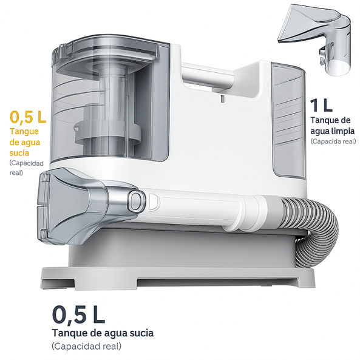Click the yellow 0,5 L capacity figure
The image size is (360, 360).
coord(28,117)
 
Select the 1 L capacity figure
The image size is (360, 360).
coord(321,105)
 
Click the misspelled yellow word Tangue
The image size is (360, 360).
coord(24,132)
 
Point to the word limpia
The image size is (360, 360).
coord(343,131)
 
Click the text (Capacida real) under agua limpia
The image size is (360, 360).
coord(333,141)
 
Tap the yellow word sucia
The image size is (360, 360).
coord(19,152)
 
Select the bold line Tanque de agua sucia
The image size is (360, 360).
coord(103,333)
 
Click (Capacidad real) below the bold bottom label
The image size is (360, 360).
coord(86,346)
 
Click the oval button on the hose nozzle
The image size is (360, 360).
coord(137,198)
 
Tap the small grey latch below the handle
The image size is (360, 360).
coord(222,99)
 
